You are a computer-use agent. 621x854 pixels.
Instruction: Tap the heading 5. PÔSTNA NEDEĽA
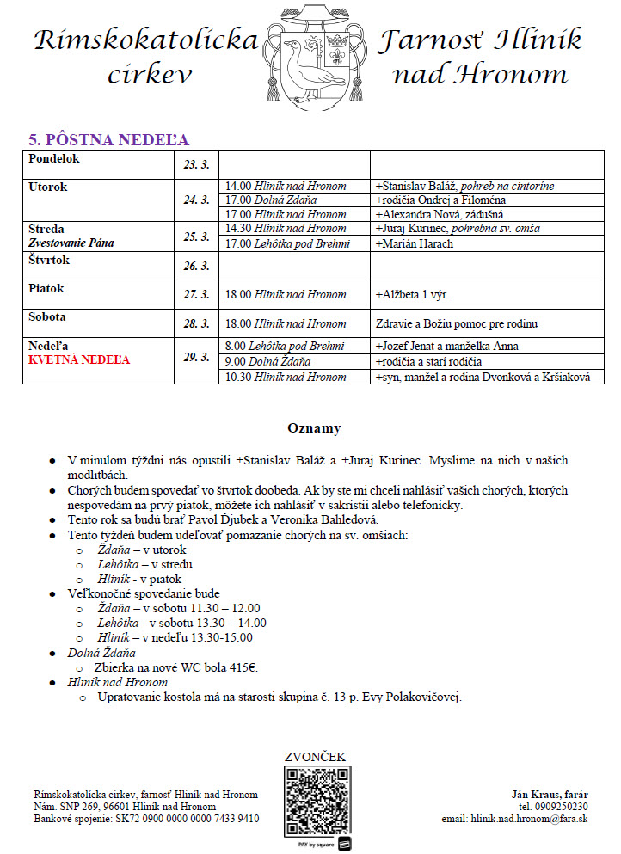click(x=109, y=140)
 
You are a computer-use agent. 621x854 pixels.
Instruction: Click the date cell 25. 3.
click(x=197, y=237)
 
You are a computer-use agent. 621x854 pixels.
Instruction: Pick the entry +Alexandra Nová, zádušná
click(x=439, y=214)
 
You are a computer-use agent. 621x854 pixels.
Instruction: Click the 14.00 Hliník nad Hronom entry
click(x=286, y=186)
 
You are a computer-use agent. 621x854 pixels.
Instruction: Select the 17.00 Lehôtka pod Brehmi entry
click(x=286, y=243)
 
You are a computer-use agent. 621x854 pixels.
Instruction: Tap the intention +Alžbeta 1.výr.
click(x=413, y=294)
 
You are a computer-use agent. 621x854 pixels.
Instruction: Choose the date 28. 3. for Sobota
click(x=197, y=323)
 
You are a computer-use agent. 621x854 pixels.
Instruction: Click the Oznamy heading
click(x=314, y=427)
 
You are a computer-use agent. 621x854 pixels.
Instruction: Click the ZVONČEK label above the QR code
click(x=316, y=757)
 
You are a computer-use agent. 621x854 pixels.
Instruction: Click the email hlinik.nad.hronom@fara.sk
click(x=527, y=819)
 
